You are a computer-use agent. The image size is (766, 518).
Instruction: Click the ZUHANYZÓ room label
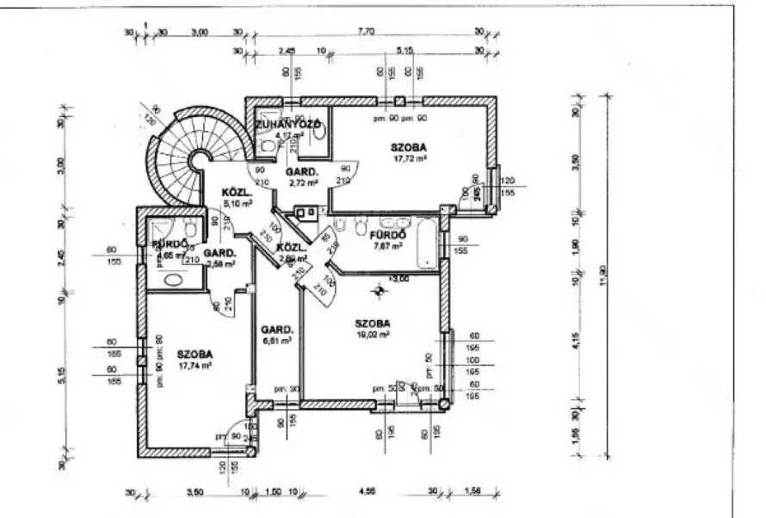[x=287, y=125]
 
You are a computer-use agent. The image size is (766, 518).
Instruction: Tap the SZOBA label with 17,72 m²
[x=410, y=147]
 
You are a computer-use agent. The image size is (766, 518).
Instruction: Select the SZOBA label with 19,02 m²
[x=373, y=324]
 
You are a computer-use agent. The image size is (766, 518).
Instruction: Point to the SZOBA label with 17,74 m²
[x=195, y=354]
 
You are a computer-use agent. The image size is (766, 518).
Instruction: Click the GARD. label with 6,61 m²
[x=278, y=330]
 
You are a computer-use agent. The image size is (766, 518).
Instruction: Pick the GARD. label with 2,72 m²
[x=305, y=171]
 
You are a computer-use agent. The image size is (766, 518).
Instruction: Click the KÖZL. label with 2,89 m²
[x=287, y=250]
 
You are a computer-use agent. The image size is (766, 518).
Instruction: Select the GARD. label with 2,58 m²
[x=220, y=253]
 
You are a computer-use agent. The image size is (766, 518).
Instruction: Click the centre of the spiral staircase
[x=200, y=159]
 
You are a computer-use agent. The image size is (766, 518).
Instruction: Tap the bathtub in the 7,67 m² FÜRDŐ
[x=427, y=243]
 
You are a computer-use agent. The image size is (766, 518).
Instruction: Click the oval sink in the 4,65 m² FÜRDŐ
[x=176, y=279]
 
